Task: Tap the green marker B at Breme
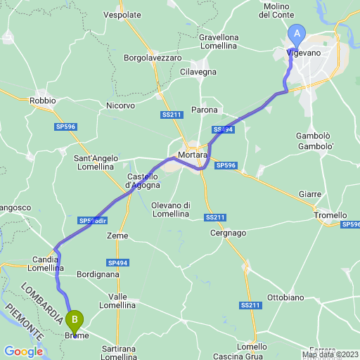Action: (x=75, y=321)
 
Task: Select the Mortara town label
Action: (x=192, y=154)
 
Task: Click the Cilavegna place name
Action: (x=199, y=72)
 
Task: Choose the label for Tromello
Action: (x=331, y=215)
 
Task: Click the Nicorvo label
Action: (x=120, y=105)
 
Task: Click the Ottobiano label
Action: (x=285, y=297)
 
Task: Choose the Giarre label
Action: (x=310, y=193)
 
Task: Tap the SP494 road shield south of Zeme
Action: (x=118, y=262)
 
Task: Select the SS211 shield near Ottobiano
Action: (x=250, y=305)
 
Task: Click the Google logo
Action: (x=23, y=352)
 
